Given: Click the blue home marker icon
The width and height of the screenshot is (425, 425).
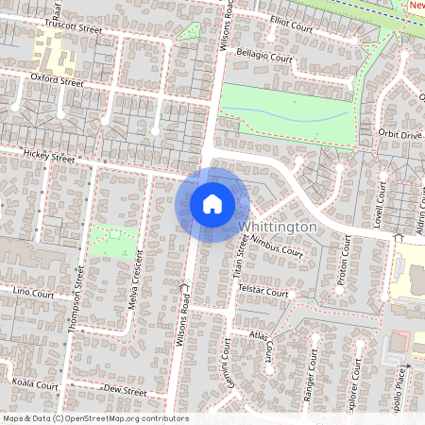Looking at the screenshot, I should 212,203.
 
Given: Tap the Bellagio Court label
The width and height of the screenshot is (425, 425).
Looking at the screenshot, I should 263,58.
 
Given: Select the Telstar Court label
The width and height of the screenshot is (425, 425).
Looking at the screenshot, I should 263,293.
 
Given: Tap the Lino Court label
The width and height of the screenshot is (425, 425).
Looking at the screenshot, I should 35,293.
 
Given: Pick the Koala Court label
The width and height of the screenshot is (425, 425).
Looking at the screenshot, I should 37,385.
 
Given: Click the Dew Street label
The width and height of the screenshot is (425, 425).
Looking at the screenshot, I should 125,390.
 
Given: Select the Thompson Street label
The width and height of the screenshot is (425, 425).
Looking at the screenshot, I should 79,300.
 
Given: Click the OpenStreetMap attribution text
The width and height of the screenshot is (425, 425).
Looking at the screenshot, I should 95,418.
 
